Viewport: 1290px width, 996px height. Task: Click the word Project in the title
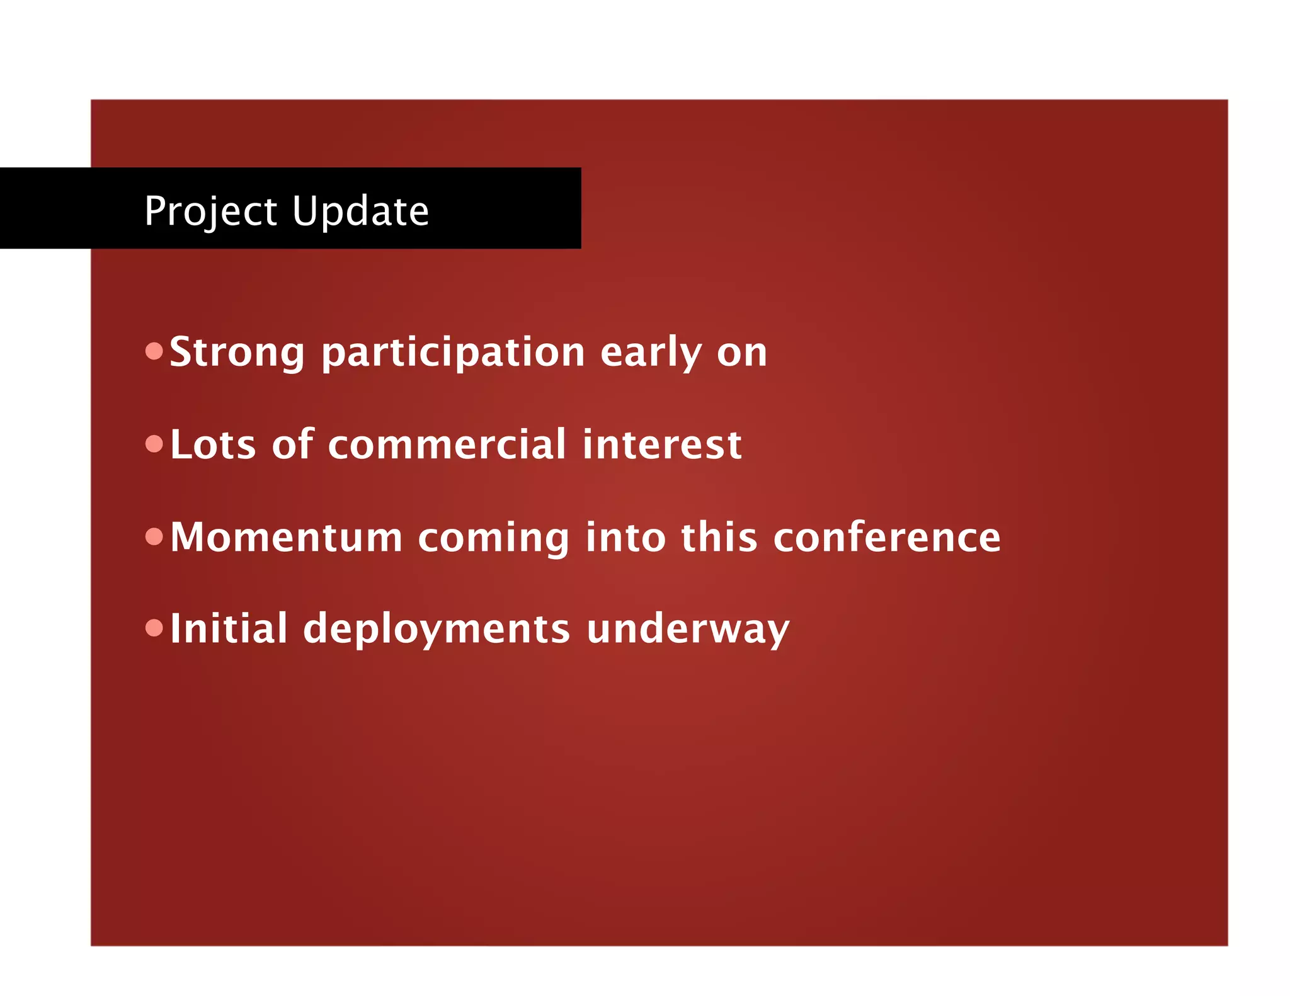(210, 212)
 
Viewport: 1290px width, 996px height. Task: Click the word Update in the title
(360, 212)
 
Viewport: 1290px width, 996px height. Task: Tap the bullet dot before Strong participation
(154, 351)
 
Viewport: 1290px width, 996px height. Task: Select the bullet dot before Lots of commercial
(154, 444)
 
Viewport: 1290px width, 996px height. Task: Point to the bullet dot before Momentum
(154, 536)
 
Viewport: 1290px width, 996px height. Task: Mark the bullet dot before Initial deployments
(154, 628)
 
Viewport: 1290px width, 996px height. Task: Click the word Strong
(237, 352)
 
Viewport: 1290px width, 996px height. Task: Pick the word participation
(454, 353)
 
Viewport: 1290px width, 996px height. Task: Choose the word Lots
(213, 445)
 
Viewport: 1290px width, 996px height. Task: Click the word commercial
(447, 445)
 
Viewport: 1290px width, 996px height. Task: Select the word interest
(662, 445)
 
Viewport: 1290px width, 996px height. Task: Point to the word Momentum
(286, 538)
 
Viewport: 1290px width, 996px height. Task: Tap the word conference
(887, 538)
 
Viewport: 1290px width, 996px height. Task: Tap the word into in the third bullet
(625, 538)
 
